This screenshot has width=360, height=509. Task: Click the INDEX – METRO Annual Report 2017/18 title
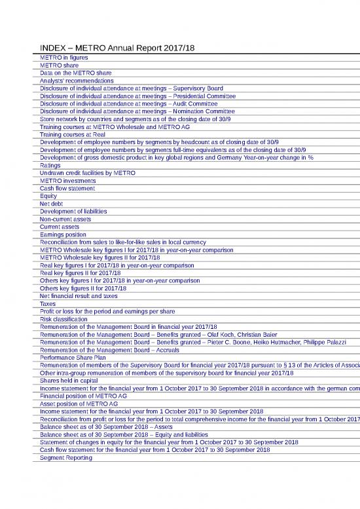coord(118,48)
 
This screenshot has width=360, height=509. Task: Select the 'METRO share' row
coord(60,66)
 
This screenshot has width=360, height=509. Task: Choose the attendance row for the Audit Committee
coord(128,103)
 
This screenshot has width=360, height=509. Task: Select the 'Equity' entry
coord(48,195)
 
